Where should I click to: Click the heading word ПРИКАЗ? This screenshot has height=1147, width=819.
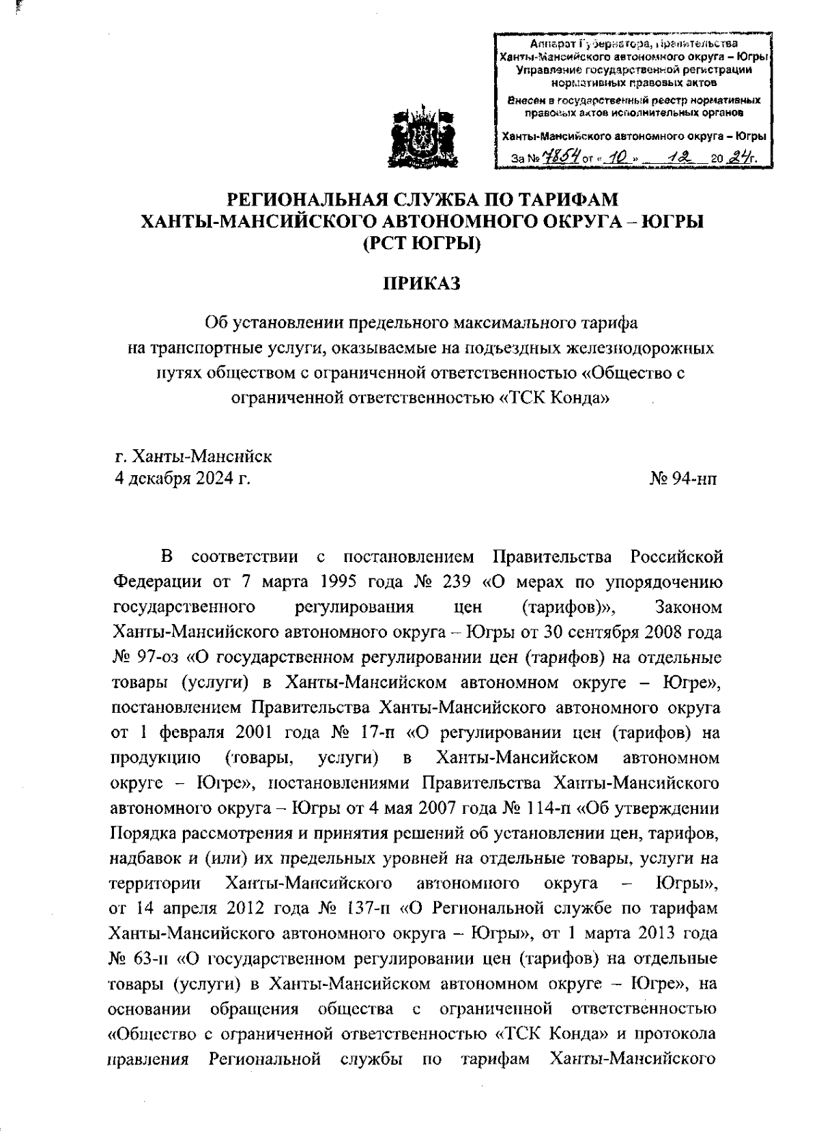click(421, 282)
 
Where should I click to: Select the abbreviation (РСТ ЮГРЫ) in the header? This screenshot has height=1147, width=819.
click(421, 242)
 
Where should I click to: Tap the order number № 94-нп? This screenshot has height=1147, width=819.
click(684, 479)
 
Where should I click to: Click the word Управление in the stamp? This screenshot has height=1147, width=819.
click(545, 70)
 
